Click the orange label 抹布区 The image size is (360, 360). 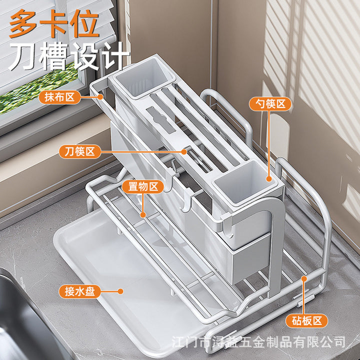point(59,97)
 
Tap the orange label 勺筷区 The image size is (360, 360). point(270,104)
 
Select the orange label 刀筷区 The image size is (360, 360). point(80,152)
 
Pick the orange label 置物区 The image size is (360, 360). point(143,186)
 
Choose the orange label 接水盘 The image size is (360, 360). point(80,291)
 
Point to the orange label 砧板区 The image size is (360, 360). point(306,320)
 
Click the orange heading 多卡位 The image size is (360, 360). point(54,23)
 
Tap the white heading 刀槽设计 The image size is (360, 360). point(69,56)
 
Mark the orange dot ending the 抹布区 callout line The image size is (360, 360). point(100,97)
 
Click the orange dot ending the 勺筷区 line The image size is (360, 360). point(269,179)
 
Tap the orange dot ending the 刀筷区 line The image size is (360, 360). point(184,152)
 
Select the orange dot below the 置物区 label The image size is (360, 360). point(143,215)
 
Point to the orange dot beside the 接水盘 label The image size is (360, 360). point(120,291)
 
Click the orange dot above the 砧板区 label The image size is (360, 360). point(304,278)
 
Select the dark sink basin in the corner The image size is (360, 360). point(25,321)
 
